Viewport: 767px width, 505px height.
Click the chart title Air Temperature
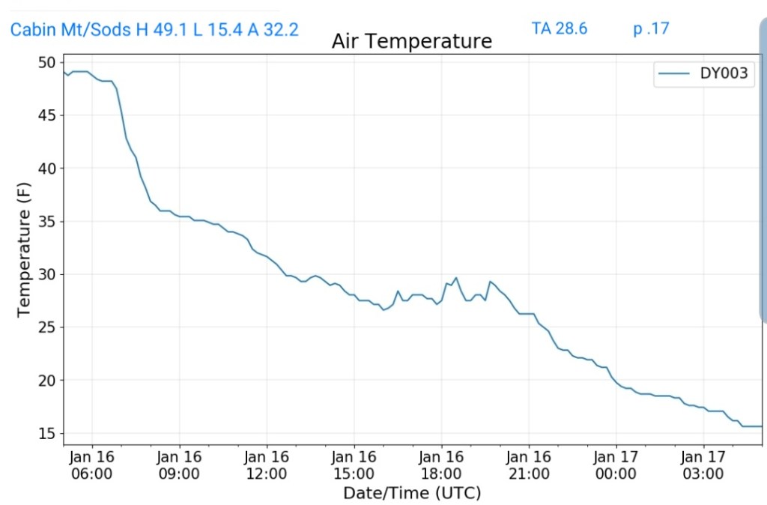[412, 41]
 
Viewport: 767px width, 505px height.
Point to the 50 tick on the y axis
[47, 62]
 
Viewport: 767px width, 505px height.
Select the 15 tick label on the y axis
[47, 434]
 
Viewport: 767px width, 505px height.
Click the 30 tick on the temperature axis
[47, 274]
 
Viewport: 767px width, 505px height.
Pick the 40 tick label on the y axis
[47, 169]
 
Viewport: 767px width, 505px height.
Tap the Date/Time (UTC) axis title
[412, 493]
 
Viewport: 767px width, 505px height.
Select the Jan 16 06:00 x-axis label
[92, 465]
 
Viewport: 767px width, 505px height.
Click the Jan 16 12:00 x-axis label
[267, 465]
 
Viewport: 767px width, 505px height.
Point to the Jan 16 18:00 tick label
[441, 465]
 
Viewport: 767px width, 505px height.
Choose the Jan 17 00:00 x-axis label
[616, 465]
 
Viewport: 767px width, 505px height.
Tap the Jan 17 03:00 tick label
[703, 465]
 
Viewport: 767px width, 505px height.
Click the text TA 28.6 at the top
[560, 29]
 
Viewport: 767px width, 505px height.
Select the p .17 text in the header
[651, 29]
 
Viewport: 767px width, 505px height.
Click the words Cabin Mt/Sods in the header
[70, 30]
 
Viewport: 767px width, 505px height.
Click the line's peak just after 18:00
[456, 278]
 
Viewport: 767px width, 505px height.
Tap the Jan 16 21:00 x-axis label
[529, 465]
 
